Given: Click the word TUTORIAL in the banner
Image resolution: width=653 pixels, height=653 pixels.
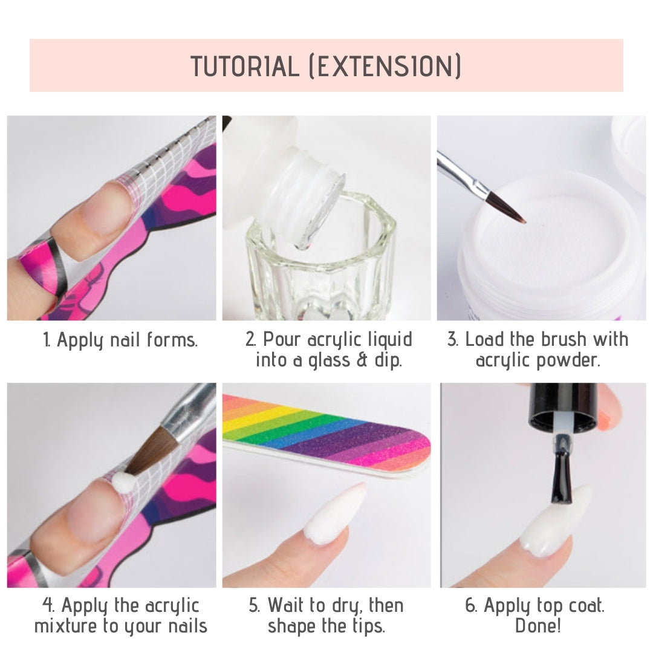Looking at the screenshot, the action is (x=245, y=66).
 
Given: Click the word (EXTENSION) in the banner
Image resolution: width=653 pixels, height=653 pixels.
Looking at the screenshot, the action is (x=385, y=66).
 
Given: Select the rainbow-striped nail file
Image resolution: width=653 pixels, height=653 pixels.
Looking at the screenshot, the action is (x=326, y=437).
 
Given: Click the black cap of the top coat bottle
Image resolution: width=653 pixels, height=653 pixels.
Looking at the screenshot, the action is (x=563, y=406).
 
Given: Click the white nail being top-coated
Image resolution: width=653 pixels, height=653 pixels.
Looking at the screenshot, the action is (x=556, y=522).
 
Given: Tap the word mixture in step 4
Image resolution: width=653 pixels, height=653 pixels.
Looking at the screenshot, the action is (x=66, y=626).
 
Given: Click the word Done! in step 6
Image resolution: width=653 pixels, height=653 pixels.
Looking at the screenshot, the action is (x=538, y=626).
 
